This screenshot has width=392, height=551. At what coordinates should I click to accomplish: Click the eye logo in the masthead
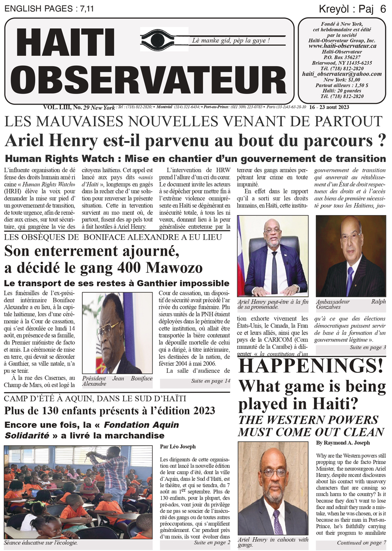pos(164,39)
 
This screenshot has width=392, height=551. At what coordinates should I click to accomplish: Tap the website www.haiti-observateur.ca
pos(342,46)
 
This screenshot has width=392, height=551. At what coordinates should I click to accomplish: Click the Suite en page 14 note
pos(210,381)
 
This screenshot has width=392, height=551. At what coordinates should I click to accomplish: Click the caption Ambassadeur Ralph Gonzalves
pos(350,304)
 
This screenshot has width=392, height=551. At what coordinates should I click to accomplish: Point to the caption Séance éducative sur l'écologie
pos(41,543)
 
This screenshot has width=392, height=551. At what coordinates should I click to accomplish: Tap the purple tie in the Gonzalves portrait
pos(349,279)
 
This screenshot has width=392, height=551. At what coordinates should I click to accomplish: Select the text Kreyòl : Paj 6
pos(352,9)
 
